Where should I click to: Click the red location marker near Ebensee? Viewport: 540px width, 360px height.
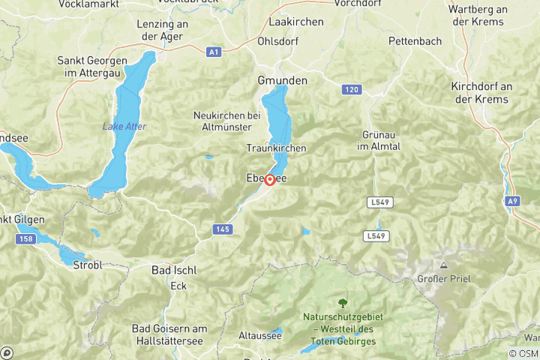[269, 180]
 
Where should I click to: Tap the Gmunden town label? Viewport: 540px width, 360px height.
[282, 79]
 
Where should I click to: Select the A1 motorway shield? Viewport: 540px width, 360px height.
[214, 52]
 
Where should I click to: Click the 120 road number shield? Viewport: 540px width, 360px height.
[350, 89]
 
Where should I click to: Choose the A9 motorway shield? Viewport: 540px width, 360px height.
[513, 201]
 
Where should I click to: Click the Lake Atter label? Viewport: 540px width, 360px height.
[124, 126]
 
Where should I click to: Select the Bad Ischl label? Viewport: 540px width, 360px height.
[173, 269]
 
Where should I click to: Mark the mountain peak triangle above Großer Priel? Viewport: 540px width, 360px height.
[443, 265]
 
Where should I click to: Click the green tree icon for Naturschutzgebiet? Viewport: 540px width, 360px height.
[343, 303]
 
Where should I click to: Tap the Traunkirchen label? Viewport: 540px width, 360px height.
[276, 148]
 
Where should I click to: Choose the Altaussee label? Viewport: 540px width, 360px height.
[259, 335]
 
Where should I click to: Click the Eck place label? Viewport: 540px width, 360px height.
[178, 286]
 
